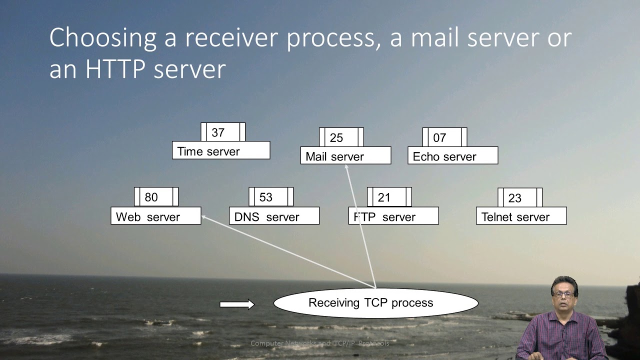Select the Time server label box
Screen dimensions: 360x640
(x=220, y=150)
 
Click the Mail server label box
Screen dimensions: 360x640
(x=345, y=156)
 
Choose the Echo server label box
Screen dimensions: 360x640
(x=452, y=156)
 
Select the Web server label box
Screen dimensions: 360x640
(x=155, y=216)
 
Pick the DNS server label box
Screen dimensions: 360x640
(x=274, y=216)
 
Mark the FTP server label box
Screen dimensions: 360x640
(x=393, y=216)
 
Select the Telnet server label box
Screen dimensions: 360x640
(x=521, y=216)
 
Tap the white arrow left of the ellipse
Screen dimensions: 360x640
(x=237, y=304)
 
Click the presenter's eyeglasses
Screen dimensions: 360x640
(x=563, y=295)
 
